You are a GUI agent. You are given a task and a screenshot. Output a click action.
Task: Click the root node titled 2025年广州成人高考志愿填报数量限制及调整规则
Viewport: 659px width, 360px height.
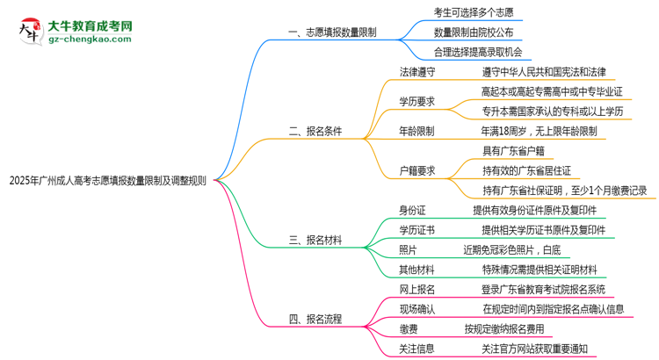tap(107, 183)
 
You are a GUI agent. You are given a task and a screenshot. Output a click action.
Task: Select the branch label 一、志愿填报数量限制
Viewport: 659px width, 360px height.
tap(332, 32)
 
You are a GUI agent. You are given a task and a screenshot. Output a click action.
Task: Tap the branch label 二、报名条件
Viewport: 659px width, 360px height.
tap(315, 132)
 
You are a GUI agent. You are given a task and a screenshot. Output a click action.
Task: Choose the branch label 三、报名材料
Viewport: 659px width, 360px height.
tap(315, 240)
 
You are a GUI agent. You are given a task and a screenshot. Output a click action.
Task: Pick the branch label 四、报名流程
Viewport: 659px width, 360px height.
tap(315, 319)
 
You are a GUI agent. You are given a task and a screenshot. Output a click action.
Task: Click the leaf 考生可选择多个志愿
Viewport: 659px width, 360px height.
tap(474, 11)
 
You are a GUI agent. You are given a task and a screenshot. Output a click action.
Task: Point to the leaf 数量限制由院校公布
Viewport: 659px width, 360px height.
tap(474, 32)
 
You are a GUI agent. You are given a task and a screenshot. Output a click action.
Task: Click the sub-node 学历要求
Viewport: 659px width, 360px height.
tap(417, 102)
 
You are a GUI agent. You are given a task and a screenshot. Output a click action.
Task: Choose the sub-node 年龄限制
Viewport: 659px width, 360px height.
tap(417, 132)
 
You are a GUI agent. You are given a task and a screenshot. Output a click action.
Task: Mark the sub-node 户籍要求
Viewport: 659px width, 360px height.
tap(417, 170)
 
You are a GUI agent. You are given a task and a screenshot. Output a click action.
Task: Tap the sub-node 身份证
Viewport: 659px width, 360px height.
tap(412, 210)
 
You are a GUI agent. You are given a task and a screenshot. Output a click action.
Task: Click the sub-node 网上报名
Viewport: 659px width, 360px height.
tap(417, 289)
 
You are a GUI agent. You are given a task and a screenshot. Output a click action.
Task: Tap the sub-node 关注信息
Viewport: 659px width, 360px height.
tap(417, 349)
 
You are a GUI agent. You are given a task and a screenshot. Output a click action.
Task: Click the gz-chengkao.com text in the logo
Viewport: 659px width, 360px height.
tap(90, 40)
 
